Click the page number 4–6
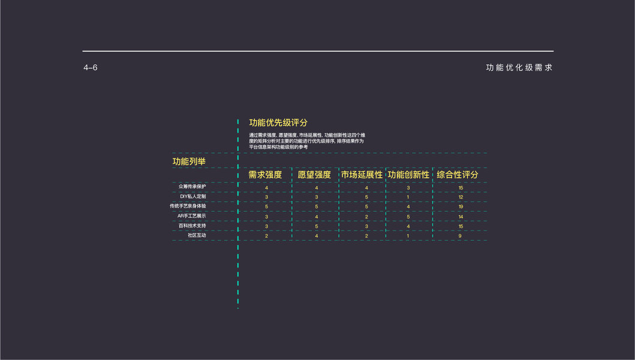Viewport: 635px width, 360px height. coord(91,68)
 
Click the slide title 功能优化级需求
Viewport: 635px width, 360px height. coord(519,68)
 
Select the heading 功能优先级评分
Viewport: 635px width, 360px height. coord(278,123)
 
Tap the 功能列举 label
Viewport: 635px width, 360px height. coord(189,161)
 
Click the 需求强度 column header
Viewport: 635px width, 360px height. coord(265,175)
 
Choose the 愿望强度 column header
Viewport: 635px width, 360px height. coord(314,175)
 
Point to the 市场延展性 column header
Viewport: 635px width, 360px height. coord(362,175)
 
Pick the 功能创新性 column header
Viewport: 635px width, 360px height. coord(408,175)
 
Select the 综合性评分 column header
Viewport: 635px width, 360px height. coord(458,175)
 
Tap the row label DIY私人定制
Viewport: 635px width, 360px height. coord(193,197)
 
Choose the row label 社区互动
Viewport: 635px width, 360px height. coord(197,236)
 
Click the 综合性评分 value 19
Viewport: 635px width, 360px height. coord(461,207)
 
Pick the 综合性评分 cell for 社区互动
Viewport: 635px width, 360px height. coord(460,236)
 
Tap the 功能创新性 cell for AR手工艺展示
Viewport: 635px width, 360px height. coord(408,217)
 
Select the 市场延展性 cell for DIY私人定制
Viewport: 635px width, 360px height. coord(366,197)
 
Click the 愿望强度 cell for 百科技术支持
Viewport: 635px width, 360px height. coord(317,226)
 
